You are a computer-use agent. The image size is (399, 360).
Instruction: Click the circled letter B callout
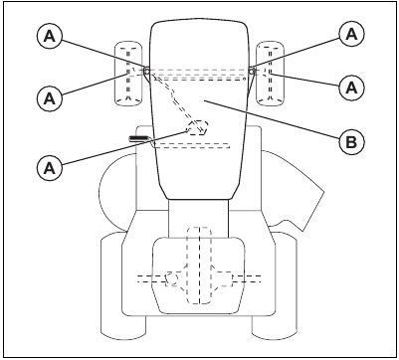[348, 141]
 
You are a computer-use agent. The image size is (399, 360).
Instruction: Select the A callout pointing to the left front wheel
[47, 97]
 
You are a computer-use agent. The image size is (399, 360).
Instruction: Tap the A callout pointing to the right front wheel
[348, 88]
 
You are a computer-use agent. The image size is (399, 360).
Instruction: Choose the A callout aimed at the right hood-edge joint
[348, 33]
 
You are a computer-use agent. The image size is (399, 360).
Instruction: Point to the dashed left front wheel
[128, 72]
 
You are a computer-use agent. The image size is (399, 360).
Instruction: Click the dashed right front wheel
[269, 72]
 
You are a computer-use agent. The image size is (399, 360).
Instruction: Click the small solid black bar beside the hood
[138, 137]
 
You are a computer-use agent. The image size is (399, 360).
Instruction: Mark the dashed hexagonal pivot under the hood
[198, 127]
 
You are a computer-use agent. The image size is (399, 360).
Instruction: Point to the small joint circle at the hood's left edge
[147, 72]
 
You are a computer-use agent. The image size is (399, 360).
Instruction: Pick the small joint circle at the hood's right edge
[251, 72]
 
